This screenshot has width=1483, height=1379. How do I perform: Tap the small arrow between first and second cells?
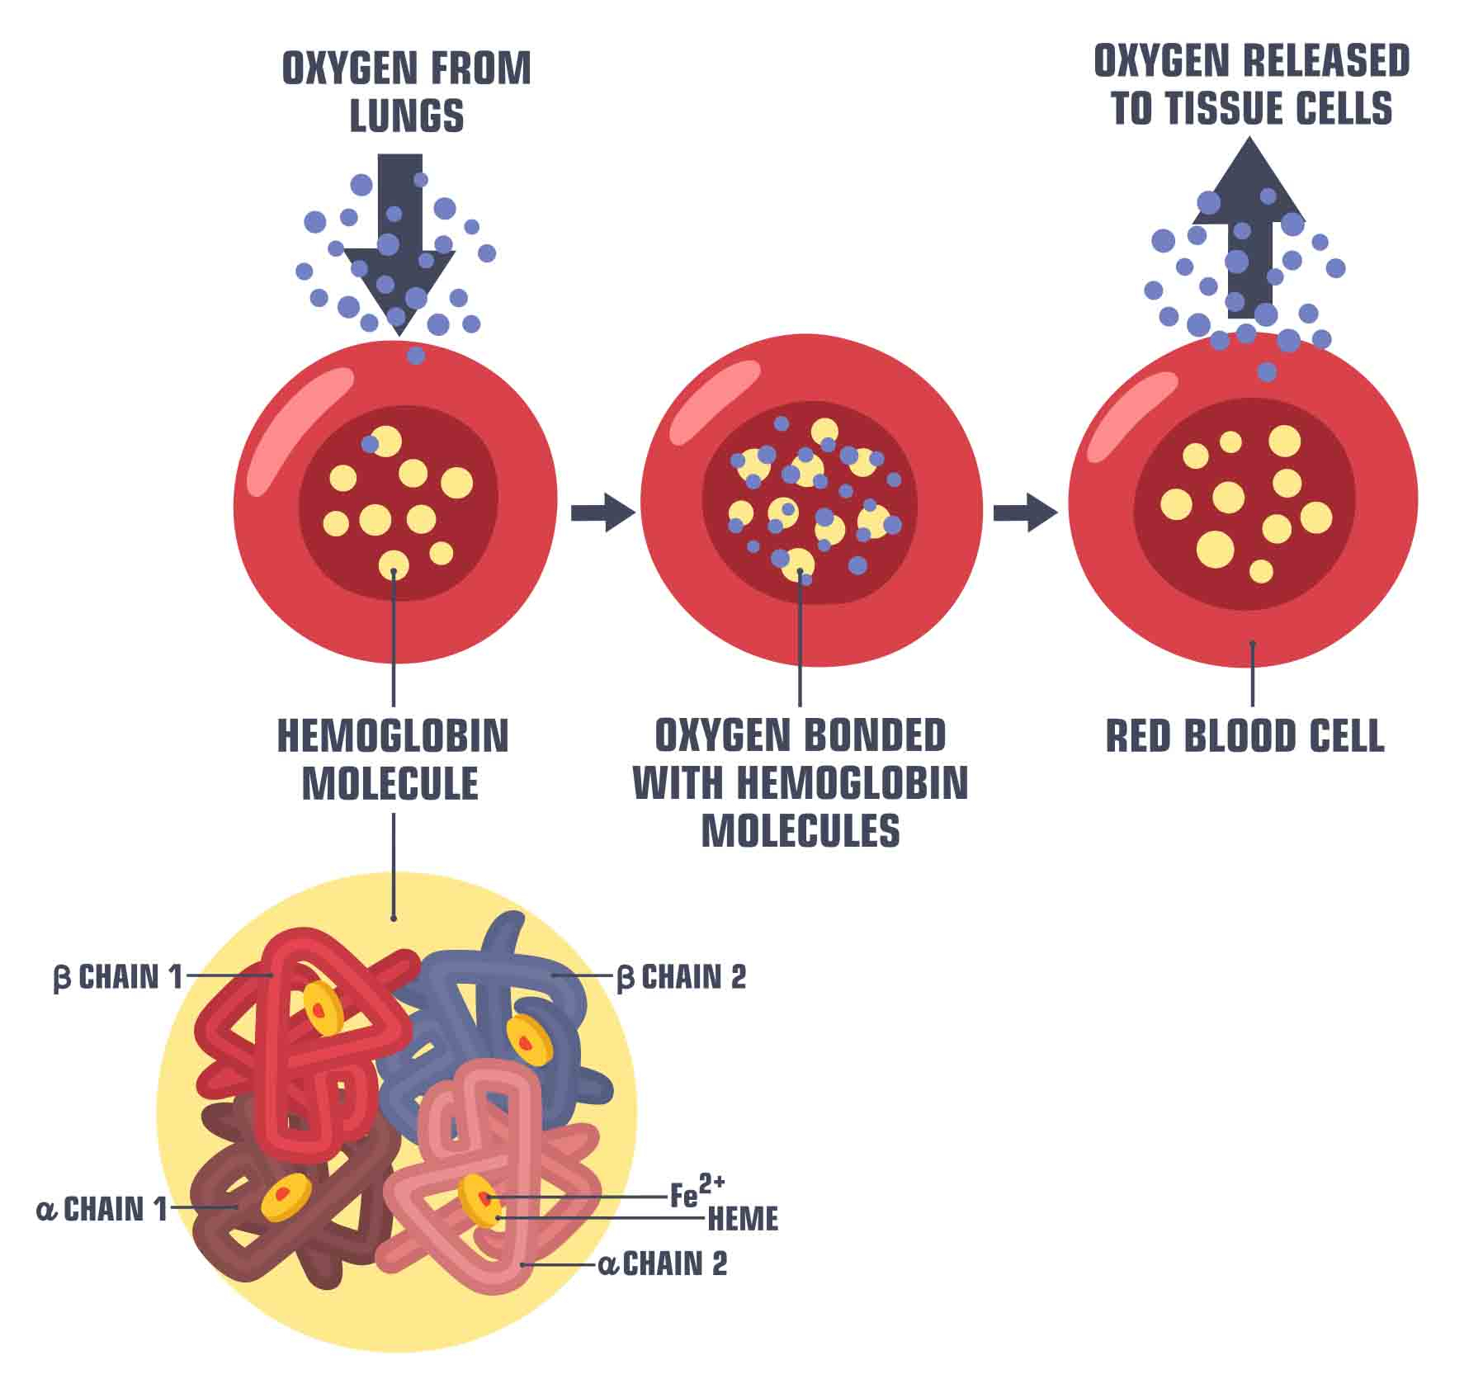(603, 512)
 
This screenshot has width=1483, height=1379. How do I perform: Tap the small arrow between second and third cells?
(1025, 512)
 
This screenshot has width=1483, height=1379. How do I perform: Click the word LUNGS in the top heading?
(407, 116)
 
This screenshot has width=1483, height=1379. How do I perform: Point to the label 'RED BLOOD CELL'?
(1244, 736)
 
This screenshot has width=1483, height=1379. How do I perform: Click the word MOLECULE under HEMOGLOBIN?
(390, 783)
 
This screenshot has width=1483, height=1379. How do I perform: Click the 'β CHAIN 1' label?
(117, 977)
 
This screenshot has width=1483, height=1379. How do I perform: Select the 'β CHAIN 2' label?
(682, 977)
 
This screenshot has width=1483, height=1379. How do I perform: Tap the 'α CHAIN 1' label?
(102, 1210)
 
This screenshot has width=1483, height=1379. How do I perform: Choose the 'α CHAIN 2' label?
(663, 1264)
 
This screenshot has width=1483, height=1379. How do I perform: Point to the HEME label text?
(743, 1219)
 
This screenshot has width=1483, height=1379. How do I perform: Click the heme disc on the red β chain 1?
(323, 1008)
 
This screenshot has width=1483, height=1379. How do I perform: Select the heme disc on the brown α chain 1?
(286, 1197)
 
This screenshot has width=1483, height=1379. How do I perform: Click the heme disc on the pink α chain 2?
(480, 1201)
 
